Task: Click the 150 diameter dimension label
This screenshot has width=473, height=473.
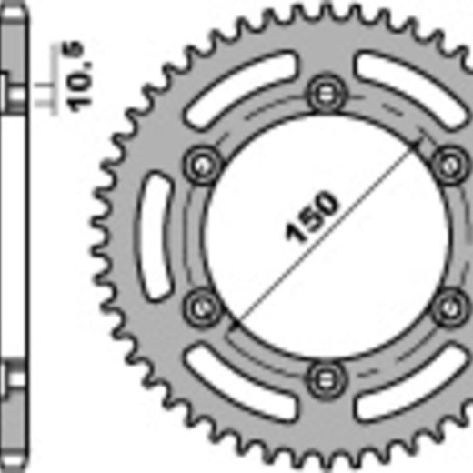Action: (x=312, y=216)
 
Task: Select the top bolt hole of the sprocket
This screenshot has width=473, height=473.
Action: (x=327, y=94)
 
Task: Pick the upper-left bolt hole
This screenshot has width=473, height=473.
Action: (x=203, y=165)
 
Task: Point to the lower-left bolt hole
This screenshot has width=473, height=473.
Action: (x=202, y=307)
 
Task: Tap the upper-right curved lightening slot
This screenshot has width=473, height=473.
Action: (x=412, y=88)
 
